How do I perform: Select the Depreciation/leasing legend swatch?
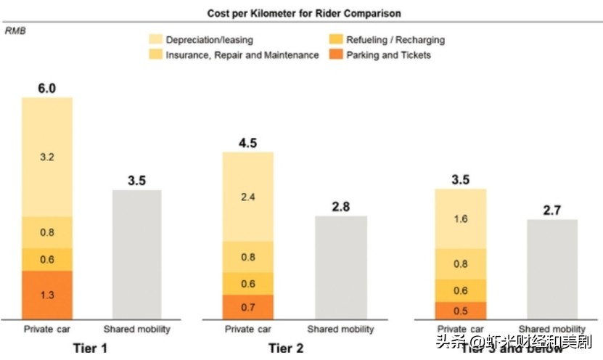(x=156, y=40)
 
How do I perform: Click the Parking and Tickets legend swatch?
(x=336, y=55)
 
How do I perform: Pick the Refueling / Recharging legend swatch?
(x=336, y=40)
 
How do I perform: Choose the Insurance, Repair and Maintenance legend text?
(x=242, y=55)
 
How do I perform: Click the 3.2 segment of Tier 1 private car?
(x=47, y=156)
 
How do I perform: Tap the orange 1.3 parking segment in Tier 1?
(x=47, y=294)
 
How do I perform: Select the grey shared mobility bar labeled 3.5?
(x=136, y=254)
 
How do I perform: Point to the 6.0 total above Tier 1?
(x=47, y=89)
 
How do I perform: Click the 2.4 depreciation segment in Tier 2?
(x=248, y=196)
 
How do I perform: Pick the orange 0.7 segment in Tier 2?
(x=248, y=306)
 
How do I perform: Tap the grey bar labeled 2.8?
(x=340, y=266)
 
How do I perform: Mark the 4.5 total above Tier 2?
(x=248, y=143)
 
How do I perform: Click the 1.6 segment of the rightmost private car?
(x=460, y=218)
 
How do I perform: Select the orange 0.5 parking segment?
(x=460, y=310)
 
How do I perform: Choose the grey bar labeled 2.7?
(x=551, y=269)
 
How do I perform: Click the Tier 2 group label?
(x=285, y=348)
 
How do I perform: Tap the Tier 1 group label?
(x=91, y=348)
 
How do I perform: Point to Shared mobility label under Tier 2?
(x=340, y=330)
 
